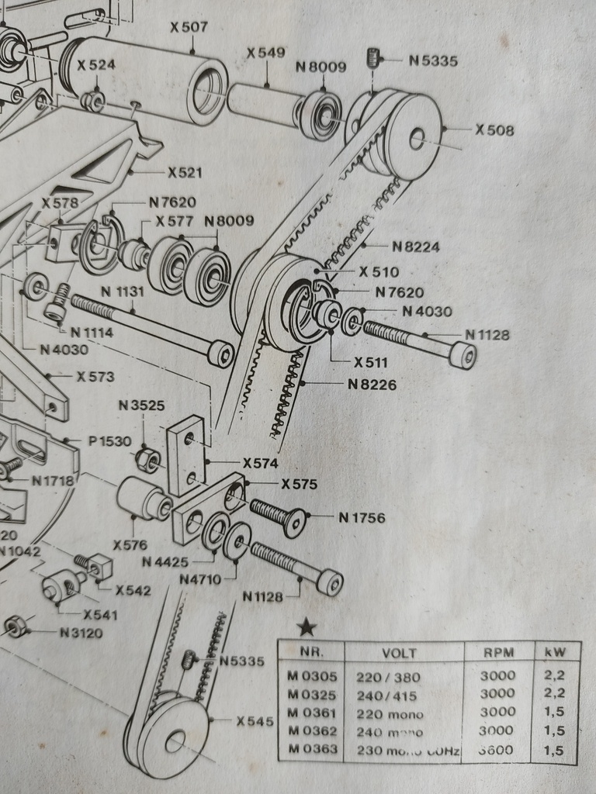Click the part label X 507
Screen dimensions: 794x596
[189, 27]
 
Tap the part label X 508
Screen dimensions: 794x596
[494, 130]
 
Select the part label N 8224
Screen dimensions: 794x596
[415, 247]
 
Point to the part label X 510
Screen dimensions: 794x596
[379, 272]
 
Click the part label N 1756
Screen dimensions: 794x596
[362, 517]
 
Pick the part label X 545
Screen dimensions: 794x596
[255, 721]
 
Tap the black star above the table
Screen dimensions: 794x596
[307, 625]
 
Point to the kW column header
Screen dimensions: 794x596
[556, 653]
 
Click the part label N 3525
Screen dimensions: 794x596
[141, 406]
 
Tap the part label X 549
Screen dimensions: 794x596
[265, 54]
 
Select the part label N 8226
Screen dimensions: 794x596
[372, 384]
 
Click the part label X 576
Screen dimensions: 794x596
[130, 544]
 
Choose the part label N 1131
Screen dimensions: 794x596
[123, 292]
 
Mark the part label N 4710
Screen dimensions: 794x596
[200, 578]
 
